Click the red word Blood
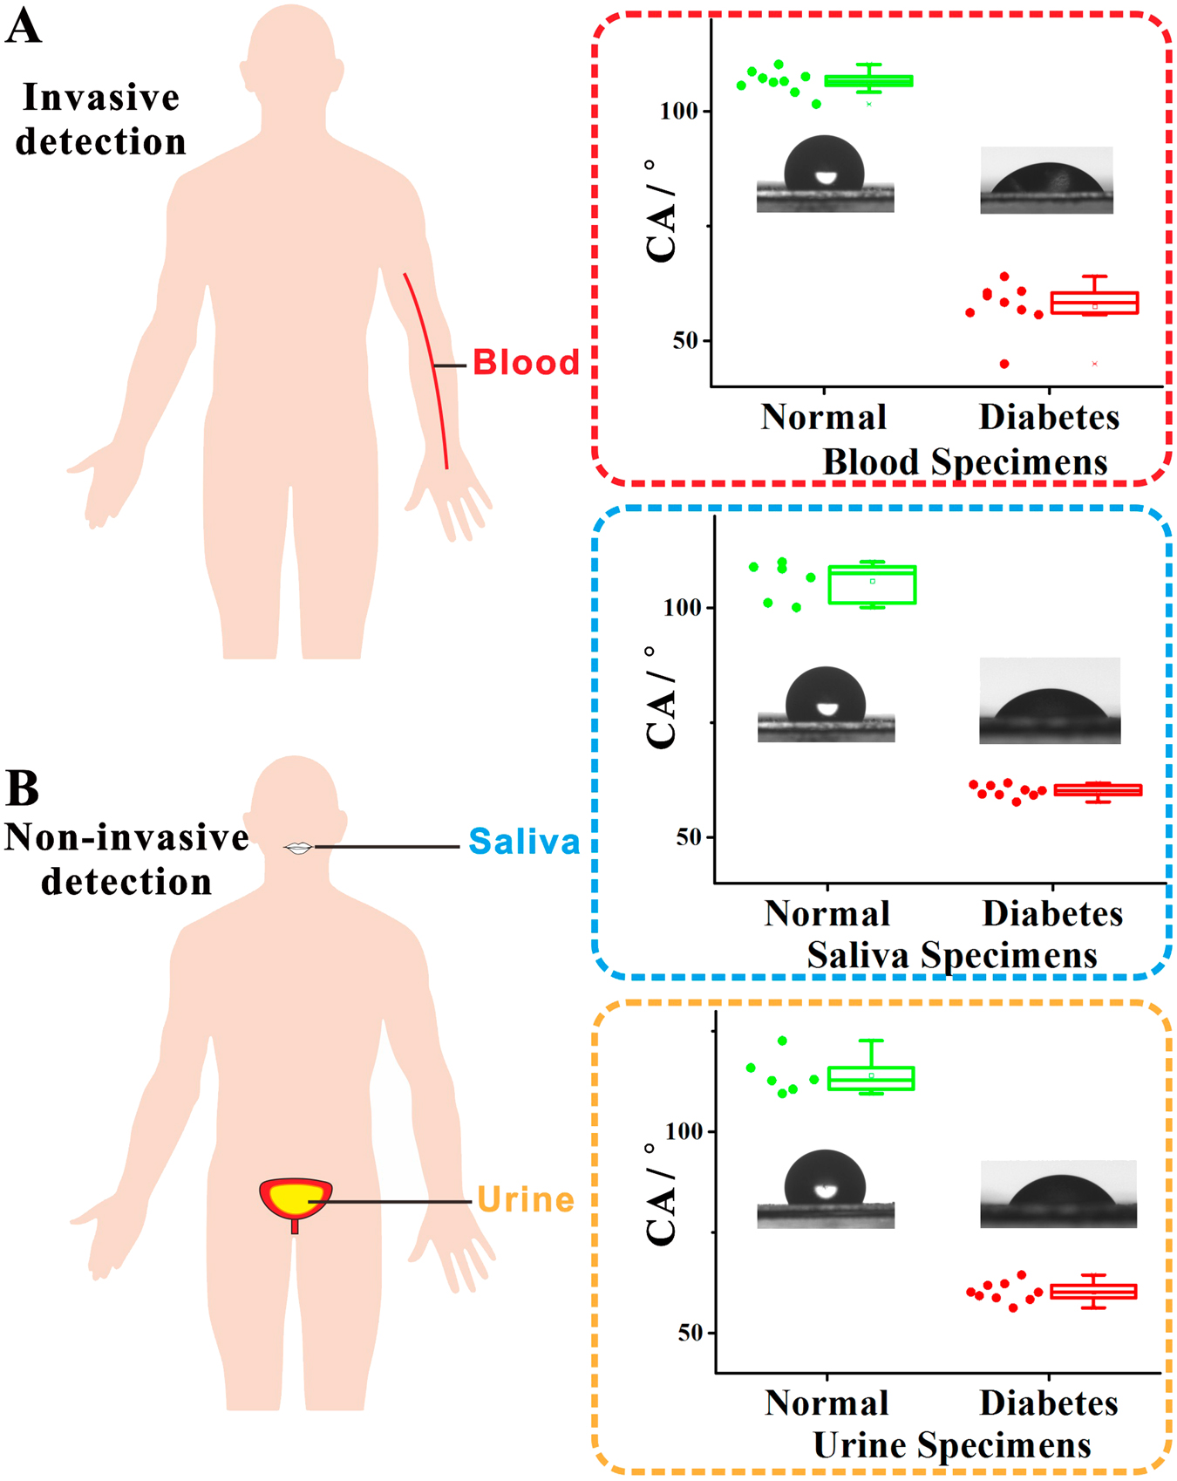[526, 362]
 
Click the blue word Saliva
[524, 842]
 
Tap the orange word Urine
[525, 1200]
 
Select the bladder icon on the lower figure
[296, 1198]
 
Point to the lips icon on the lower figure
[299, 847]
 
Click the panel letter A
[23, 26]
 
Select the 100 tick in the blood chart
[679, 112]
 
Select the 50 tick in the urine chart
[690, 1333]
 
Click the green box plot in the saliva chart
[872, 584]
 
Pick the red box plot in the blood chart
[1094, 303]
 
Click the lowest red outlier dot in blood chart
[1004, 364]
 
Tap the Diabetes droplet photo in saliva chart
[1050, 700]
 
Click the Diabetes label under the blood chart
[1049, 417]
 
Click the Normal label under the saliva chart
[827, 913]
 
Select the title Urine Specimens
[952, 1445]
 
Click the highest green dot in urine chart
[782, 1041]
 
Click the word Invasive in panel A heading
[101, 98]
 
